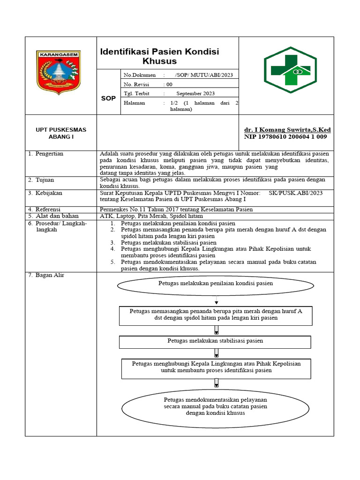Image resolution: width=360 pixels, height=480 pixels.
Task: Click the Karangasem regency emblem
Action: pos(59,73)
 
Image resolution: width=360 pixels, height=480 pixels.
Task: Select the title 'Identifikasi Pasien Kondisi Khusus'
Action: pos(160,56)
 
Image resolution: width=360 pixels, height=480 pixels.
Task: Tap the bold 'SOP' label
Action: pos(108,98)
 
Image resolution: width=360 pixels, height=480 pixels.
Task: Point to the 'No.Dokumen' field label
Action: pos(136,75)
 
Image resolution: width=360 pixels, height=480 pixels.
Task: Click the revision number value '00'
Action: pos(169,84)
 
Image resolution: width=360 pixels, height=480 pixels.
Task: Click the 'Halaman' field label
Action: pos(134,103)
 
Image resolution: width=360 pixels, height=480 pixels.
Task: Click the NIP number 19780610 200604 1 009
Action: pos(285,136)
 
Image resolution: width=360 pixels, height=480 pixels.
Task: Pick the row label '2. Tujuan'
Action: pos(42,180)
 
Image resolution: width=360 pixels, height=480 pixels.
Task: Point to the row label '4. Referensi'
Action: pos(45,209)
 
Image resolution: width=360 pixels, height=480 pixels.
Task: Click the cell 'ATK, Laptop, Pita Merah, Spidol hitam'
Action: pos(151,216)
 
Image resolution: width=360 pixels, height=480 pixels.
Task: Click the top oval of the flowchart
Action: pos(215,284)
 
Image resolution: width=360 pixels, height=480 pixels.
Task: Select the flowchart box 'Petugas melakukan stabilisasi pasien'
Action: pos(215,341)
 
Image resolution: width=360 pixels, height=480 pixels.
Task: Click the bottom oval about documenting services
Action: pos(215,406)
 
